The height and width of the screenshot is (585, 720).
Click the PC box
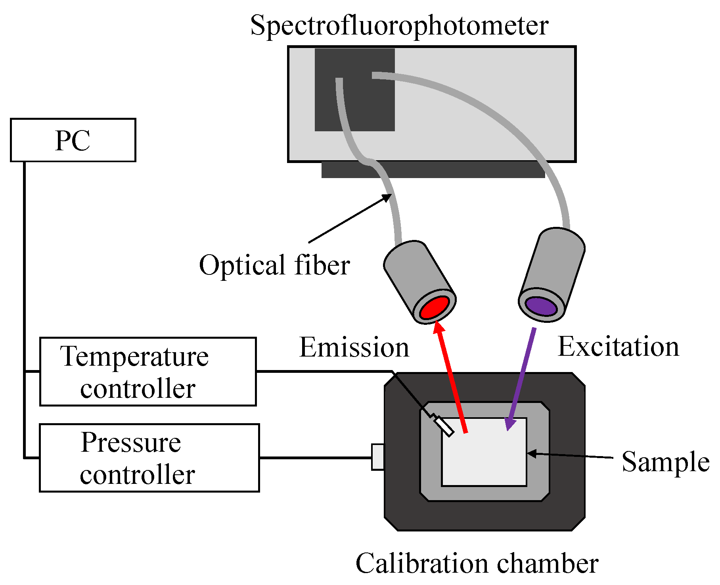coord(73,140)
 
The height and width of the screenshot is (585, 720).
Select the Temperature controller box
coord(147,372)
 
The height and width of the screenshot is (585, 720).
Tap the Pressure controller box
coord(149,458)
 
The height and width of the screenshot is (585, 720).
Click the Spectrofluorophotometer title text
coord(399,25)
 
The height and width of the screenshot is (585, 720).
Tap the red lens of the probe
coord(434,307)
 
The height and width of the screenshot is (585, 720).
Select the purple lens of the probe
coord(541,306)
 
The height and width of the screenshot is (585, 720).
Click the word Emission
coord(354,347)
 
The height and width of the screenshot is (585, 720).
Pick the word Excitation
coord(618,347)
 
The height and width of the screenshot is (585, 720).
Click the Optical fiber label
coord(274,265)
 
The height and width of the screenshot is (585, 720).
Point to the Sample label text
coord(665,462)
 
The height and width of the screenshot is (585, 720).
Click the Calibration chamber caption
coord(477,563)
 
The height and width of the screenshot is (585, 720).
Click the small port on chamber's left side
coord(377,457)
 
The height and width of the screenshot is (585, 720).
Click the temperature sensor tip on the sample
coord(444,426)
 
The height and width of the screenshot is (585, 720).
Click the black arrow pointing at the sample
coord(571,455)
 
